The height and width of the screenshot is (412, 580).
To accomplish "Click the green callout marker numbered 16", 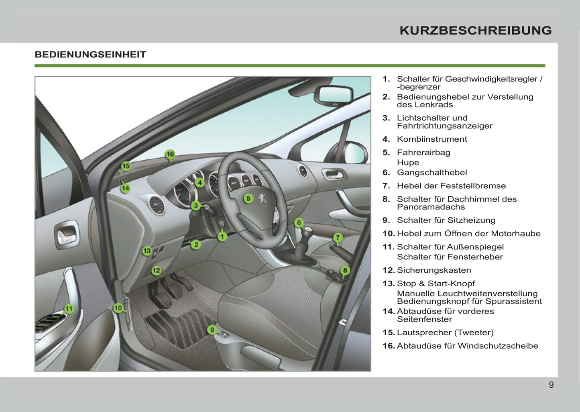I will (170, 154).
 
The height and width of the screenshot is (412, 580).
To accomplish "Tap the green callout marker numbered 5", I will (248, 198).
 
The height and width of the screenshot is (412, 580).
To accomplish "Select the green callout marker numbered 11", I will (69, 309).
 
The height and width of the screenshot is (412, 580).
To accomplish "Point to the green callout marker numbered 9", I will (212, 330).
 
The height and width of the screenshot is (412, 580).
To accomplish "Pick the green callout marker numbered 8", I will (345, 270).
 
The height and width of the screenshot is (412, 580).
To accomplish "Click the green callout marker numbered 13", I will (147, 251).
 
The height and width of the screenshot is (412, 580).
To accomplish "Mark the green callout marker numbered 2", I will (196, 244).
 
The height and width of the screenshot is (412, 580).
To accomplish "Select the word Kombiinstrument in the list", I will (431, 139).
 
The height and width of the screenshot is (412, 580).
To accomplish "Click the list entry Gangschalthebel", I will (431, 173).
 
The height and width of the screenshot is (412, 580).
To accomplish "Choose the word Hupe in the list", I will (408, 163).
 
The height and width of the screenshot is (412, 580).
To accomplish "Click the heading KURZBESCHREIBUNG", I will (475, 31).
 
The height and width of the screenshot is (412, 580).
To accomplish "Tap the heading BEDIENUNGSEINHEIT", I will (90, 55).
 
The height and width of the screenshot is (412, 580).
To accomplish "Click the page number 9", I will (551, 385).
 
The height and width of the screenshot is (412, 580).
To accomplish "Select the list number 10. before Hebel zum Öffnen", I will (389, 234).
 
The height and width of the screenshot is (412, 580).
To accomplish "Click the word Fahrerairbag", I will (423, 153).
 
